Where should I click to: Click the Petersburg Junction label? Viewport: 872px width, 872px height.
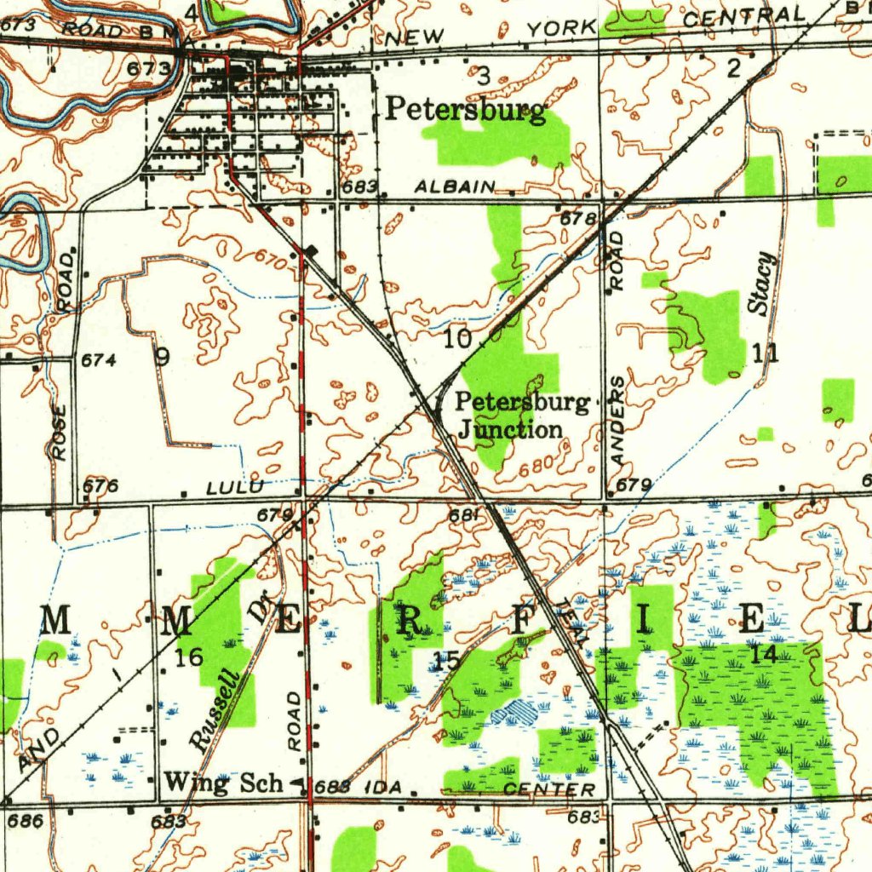pyautogui.click(x=521, y=416)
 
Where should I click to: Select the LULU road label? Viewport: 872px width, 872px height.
pyautogui.click(x=236, y=487)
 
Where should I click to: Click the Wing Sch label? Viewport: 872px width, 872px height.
pyautogui.click(x=222, y=782)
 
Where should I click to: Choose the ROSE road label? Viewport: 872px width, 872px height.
pyautogui.click(x=59, y=432)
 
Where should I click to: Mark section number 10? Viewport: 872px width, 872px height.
pyautogui.click(x=457, y=339)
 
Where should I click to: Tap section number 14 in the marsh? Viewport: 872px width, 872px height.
pyautogui.click(x=765, y=654)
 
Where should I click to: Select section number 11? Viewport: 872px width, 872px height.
pyautogui.click(x=764, y=351)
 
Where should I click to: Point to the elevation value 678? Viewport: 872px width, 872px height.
pyautogui.click(x=577, y=219)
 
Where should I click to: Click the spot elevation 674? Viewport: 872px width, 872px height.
pyautogui.click(x=98, y=360)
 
